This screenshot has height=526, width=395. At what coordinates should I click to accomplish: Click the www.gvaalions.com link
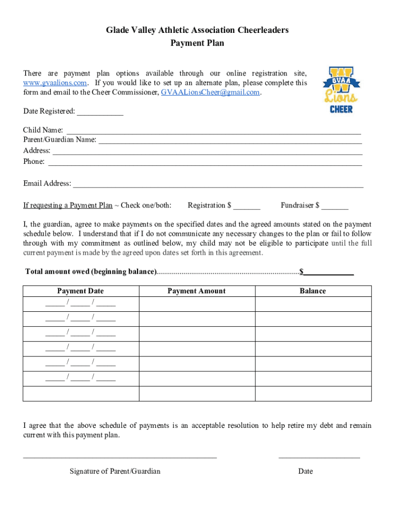[x=55, y=83]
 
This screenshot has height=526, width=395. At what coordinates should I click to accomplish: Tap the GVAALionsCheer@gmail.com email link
[x=210, y=92]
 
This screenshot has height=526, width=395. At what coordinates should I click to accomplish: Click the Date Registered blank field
[x=100, y=112]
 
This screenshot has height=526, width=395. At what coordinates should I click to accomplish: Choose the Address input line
[x=207, y=151]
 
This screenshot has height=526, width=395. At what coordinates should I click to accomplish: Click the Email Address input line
[x=218, y=184]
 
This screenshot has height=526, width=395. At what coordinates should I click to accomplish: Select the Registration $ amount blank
[x=247, y=206]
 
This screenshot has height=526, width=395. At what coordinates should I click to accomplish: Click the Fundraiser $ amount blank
[x=335, y=206]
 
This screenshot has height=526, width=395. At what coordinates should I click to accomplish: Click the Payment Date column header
[x=81, y=291]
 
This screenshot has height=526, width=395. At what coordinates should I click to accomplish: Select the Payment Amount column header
[x=196, y=291]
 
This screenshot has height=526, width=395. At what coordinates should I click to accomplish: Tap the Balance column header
[x=312, y=291]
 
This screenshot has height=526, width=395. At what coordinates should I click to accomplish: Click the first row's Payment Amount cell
[x=196, y=304]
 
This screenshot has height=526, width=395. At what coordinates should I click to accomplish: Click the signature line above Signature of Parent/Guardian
[x=120, y=456]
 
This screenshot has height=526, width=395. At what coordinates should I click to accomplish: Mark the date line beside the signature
[x=319, y=456]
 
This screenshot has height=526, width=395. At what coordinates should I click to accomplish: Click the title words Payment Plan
[x=197, y=44]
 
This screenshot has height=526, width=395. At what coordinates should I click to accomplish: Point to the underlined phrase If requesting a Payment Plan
[x=68, y=206]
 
